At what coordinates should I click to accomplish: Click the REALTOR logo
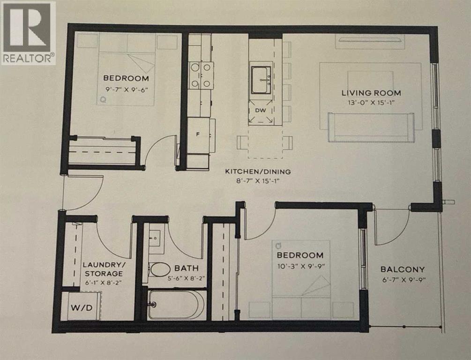click(28, 33)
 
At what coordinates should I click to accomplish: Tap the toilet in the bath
click(160, 270)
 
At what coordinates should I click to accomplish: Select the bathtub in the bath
click(176, 305)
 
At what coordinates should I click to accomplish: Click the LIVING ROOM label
click(371, 93)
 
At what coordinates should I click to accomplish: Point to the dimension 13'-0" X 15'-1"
click(371, 103)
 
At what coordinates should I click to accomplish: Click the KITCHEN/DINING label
click(254, 172)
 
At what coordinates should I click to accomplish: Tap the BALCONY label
click(402, 270)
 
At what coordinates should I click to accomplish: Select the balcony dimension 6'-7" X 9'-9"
click(402, 280)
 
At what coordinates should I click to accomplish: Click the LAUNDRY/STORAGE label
click(103, 269)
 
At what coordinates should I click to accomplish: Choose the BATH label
click(187, 269)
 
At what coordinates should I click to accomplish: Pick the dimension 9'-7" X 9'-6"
click(126, 88)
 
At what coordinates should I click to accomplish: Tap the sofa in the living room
click(371, 128)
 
